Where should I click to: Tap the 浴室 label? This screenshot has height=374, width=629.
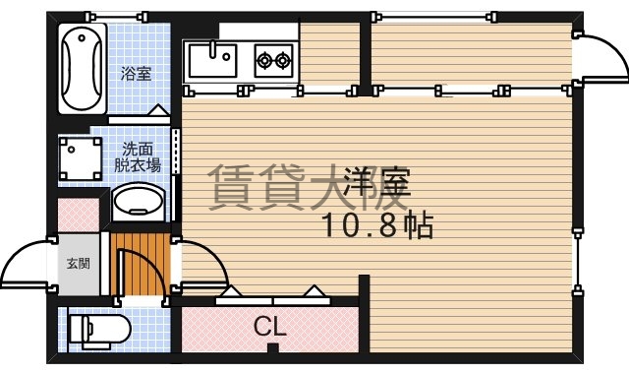point(136,73)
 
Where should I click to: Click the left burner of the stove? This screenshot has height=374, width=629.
point(265,61)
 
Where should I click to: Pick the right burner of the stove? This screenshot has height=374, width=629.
point(284,61)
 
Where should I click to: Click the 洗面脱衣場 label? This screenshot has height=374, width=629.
point(137,157)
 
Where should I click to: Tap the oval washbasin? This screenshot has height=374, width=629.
point(137,204)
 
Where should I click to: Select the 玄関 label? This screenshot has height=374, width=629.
point(78,264)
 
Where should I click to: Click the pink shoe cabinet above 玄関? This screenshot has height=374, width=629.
point(78,216)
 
